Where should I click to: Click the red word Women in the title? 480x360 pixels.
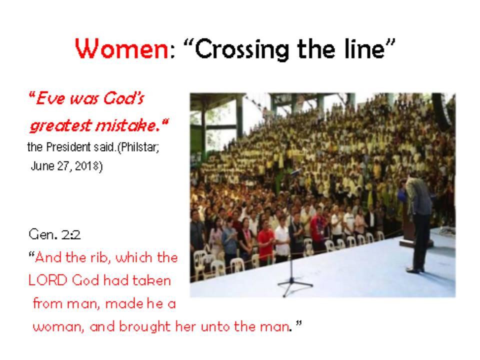pos(121,48)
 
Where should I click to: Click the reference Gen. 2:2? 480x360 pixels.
pos(55,235)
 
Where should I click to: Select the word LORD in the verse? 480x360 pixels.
pos(48,280)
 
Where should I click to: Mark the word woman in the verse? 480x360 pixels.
pos(57,327)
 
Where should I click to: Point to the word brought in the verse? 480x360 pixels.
pos(145,327)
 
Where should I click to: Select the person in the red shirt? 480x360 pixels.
pos(265,243)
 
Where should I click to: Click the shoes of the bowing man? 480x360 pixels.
pos(415,270)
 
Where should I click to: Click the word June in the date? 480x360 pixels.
pos(42,166)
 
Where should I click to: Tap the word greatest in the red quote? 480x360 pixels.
pos(60,126)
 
